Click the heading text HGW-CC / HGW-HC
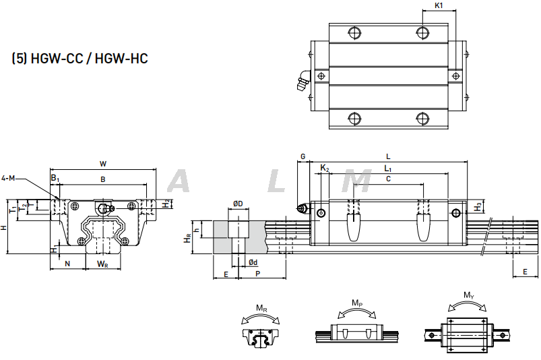[x=79, y=59]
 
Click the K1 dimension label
[x=439, y=5]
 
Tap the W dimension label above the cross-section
[x=102, y=163]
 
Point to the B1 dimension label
[x=55, y=178]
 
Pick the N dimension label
[x=67, y=262]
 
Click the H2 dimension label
[x=166, y=204]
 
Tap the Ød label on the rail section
[x=252, y=262]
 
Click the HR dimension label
[x=187, y=238]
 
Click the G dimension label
[x=303, y=156]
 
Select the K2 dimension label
[x=324, y=168]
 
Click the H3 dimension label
[x=478, y=206]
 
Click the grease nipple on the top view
[x=301, y=82]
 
